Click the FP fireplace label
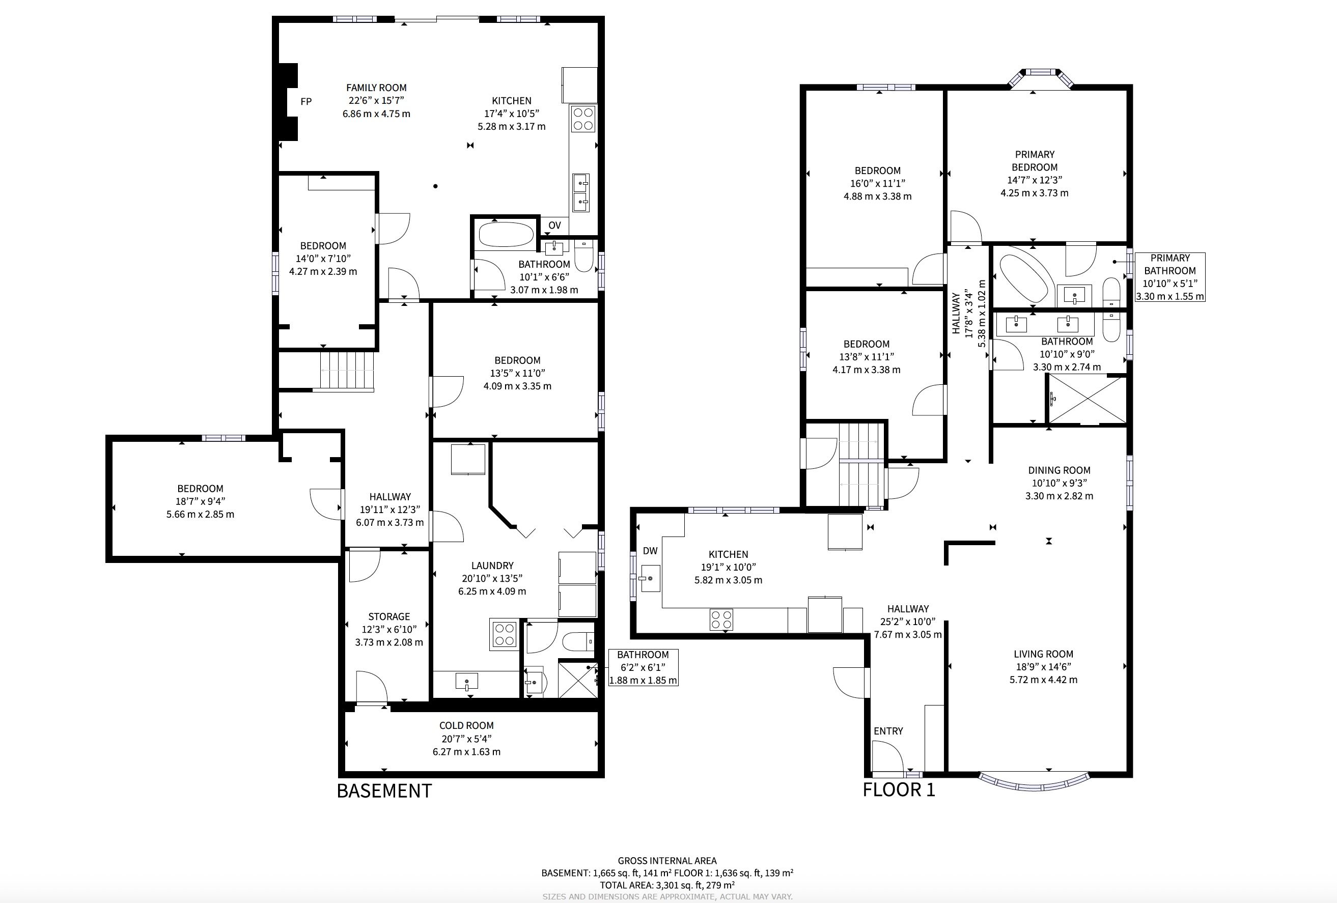(x=306, y=102)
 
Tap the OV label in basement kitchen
(x=554, y=225)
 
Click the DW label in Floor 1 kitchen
(x=650, y=551)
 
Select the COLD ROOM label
(x=466, y=726)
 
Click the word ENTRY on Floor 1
(x=888, y=731)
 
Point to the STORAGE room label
(x=389, y=616)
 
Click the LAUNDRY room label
(x=492, y=566)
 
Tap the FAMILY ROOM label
(x=376, y=88)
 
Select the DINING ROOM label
(x=1059, y=470)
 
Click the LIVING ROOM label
(x=1044, y=654)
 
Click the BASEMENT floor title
(x=384, y=791)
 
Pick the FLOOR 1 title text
(x=899, y=789)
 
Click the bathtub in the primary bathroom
(x=1025, y=278)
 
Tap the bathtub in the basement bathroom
(x=506, y=235)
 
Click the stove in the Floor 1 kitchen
(x=721, y=619)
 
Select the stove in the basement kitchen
(x=583, y=119)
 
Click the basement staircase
(x=347, y=371)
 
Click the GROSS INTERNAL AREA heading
(x=667, y=861)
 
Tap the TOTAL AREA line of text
(x=667, y=885)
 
